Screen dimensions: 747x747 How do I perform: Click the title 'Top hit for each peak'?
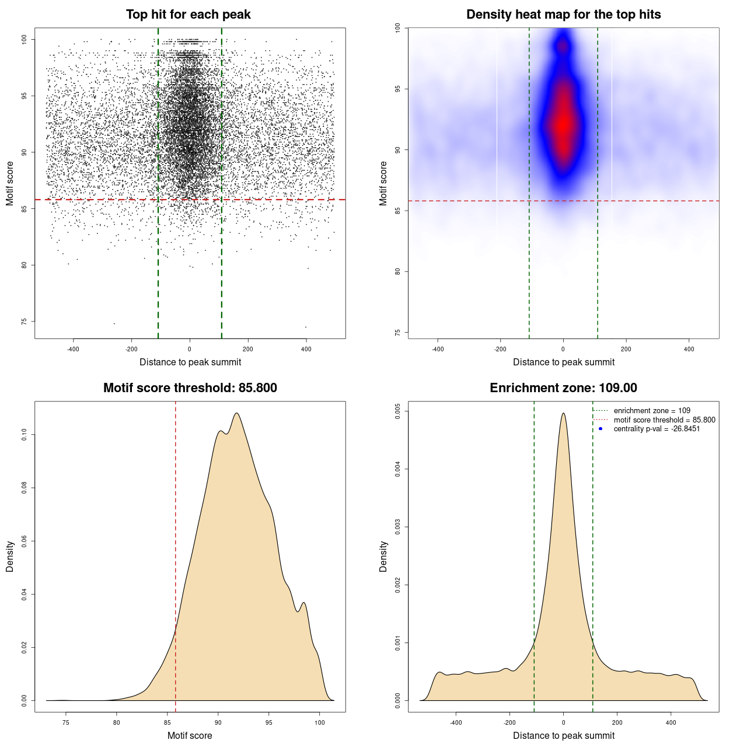coord(188,15)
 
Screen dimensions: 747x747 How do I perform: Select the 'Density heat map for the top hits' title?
coord(563,15)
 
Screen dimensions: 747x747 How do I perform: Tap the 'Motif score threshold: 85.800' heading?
coord(190,388)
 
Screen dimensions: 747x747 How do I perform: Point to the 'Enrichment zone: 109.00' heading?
coord(563,388)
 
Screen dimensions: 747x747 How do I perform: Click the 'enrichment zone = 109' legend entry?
coord(652,411)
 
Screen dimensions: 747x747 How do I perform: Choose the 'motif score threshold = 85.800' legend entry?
coord(664,420)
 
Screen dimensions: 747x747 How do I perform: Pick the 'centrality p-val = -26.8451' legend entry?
coord(657,429)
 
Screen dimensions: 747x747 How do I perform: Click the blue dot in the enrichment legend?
coord(601,429)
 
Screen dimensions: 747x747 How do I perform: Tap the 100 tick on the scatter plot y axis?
coord(25,39)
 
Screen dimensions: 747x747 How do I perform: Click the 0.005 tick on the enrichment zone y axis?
coord(398,411)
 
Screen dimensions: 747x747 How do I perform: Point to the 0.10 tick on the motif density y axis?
coord(25,435)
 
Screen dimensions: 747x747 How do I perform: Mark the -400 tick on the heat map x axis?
coord(437,349)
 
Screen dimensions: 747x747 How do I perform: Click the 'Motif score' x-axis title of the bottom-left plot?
coord(190,735)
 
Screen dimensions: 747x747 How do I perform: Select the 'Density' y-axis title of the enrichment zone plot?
coord(383,556)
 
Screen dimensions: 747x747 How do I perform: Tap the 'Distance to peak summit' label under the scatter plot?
coord(190,362)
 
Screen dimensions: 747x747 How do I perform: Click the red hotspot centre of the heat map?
coord(563,124)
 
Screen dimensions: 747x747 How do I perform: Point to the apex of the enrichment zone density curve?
coord(563,413)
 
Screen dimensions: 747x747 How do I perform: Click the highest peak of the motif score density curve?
coord(236,413)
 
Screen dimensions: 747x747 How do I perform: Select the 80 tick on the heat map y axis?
coord(398,271)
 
